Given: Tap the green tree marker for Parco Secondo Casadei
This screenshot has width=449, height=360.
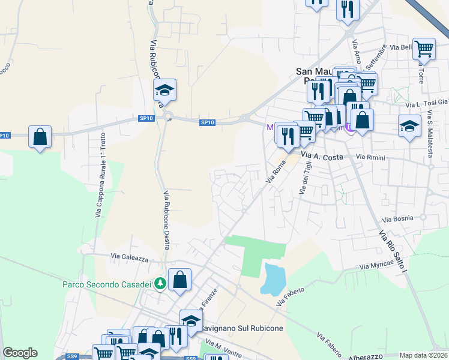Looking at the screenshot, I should coord(160,283).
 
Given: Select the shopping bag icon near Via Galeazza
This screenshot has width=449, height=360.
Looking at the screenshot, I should coord(179,279).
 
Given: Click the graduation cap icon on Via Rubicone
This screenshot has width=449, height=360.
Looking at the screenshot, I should coord(164,90).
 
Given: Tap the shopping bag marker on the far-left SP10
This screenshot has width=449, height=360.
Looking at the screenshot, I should coord(40,137).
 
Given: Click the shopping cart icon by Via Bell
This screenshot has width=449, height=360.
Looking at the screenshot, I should coord(424,49).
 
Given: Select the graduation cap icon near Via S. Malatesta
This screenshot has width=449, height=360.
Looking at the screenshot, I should coord(409,126).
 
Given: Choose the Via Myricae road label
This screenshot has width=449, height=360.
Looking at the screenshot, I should coord(380,263).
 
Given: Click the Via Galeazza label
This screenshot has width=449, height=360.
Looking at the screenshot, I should coord(129,256).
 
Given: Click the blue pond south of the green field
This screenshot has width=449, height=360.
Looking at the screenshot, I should coord(273,278).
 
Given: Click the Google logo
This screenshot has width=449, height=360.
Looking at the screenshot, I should coord(20,353).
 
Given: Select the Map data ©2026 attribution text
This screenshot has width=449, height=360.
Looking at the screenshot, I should coord(424,355).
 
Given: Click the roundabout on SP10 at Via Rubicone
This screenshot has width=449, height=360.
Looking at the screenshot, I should coord(167,117).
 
